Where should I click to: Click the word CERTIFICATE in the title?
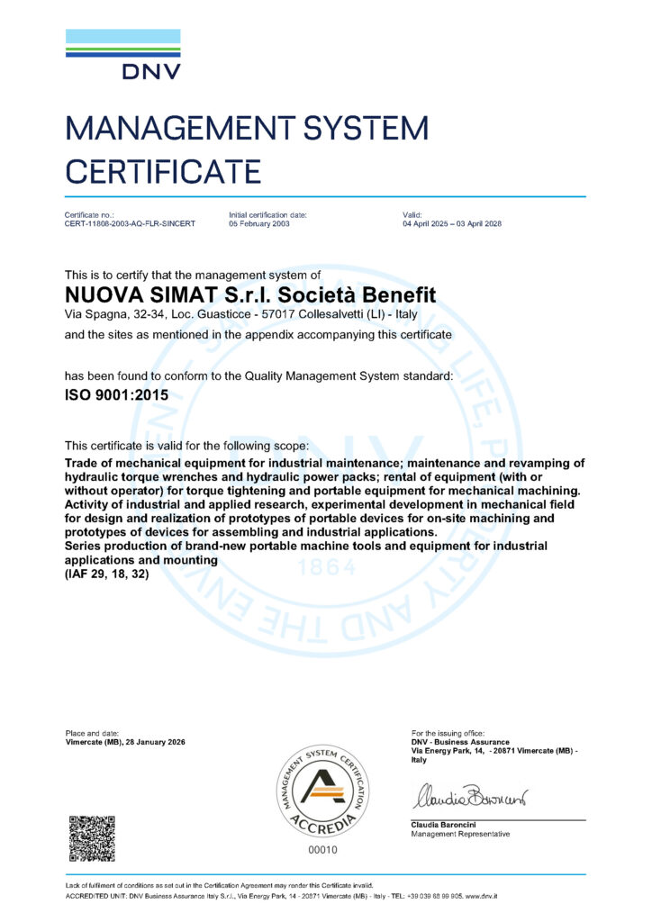163,170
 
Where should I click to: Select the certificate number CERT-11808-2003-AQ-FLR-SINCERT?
130,223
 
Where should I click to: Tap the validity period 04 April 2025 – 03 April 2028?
451,223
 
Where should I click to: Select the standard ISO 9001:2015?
116,394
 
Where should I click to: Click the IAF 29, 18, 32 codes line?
107,574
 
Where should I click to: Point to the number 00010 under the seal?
321,849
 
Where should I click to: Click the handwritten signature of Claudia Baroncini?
469,797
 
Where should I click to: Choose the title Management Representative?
460,835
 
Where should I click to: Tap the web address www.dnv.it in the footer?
485,897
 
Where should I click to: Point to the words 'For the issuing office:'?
448,733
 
